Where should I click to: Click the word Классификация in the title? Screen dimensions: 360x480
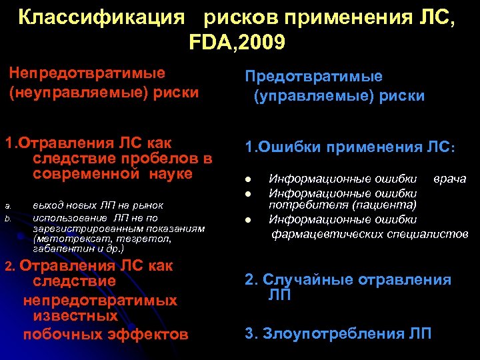pyautogui.click(x=101, y=18)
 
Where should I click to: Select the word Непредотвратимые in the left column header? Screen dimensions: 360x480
pyautogui.click(x=87, y=73)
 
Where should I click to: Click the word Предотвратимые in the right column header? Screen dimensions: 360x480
pyautogui.click(x=316, y=77)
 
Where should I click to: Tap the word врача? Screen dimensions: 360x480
pyautogui.click(x=450, y=179)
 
